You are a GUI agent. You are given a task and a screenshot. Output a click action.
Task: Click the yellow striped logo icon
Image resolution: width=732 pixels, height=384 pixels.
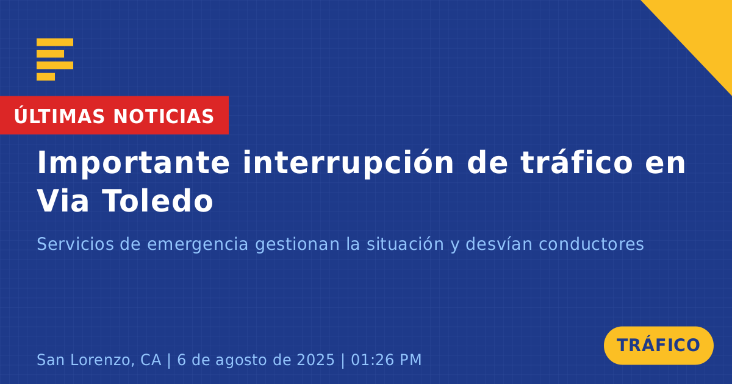[55, 60]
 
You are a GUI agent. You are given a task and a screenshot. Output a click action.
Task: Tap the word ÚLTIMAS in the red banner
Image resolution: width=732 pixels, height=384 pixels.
[59, 116]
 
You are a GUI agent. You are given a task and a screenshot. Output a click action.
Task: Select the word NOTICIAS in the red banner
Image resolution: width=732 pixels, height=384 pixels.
[163, 116]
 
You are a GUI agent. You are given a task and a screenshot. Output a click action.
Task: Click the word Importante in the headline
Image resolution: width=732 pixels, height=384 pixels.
[134, 163]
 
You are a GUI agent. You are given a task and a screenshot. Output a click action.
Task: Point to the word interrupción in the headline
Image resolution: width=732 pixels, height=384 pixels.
[348, 163]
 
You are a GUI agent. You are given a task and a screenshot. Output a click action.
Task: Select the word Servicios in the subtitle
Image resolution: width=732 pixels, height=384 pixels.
[75, 244]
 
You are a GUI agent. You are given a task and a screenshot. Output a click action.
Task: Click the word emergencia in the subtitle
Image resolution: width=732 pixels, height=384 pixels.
[198, 245]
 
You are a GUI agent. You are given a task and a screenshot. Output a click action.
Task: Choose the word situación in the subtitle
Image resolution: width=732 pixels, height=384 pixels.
[405, 244]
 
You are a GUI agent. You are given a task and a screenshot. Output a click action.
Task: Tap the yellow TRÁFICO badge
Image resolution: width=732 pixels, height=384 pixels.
[658, 345]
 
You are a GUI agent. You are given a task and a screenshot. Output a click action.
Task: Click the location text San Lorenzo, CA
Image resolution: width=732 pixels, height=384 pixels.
[99, 360]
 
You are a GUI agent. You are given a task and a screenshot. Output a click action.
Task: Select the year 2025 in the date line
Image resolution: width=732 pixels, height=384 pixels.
[316, 360]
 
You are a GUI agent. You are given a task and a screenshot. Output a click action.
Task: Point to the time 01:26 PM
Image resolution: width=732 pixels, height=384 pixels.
[386, 360]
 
